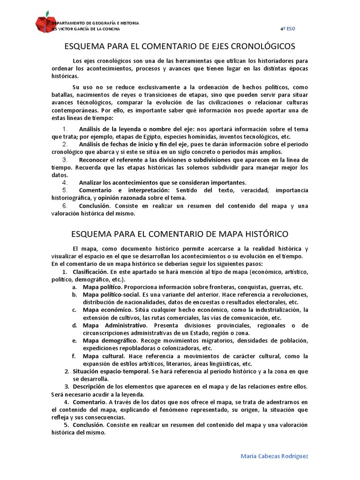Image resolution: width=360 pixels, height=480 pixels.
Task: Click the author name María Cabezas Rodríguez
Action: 274,456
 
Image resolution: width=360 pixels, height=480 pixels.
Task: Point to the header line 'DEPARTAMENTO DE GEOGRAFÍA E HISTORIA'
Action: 95,23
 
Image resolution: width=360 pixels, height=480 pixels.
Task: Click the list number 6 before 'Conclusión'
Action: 65,205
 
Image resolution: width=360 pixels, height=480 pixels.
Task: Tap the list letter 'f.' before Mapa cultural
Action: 74,356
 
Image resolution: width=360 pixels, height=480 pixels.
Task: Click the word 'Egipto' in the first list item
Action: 138,136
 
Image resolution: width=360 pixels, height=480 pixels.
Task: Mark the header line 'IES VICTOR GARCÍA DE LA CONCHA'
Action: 86,29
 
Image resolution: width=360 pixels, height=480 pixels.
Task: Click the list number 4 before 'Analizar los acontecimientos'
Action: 65,182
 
